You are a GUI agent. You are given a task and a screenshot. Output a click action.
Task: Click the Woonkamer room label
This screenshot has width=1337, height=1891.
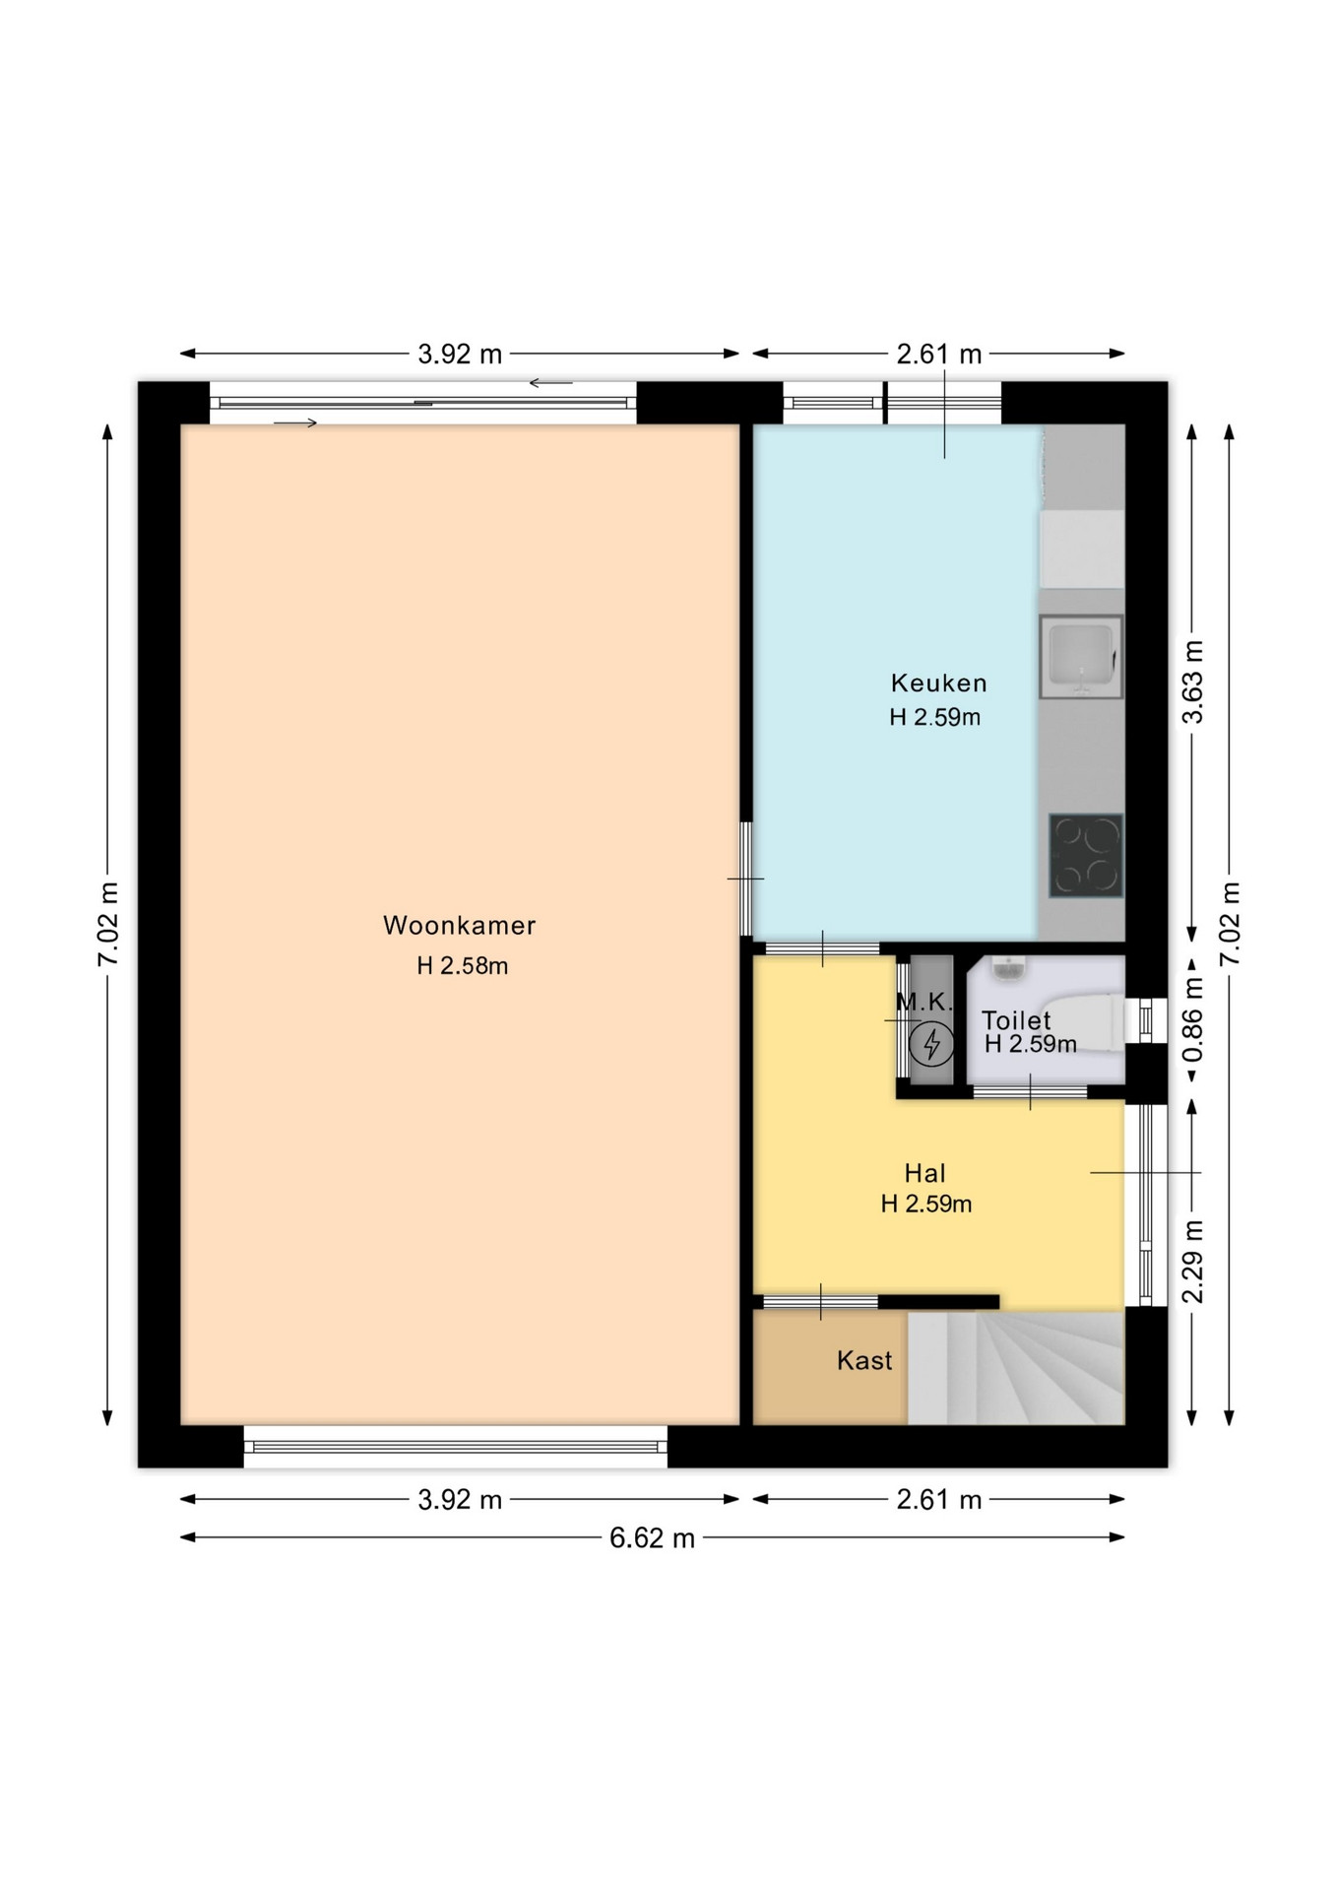pyautogui.click(x=459, y=926)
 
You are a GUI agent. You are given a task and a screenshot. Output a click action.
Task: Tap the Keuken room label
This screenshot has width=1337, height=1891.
pyautogui.click(x=938, y=683)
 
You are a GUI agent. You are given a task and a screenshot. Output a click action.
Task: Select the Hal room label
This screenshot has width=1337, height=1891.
pyautogui.click(x=924, y=1173)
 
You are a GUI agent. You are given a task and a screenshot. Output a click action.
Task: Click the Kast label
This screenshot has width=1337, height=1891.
pyautogui.click(x=864, y=1360)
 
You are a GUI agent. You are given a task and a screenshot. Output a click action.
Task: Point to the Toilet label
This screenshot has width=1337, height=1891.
pyautogui.click(x=1016, y=1020)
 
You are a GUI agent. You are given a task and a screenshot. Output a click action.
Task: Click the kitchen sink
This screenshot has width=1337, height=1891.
pyautogui.click(x=1081, y=657)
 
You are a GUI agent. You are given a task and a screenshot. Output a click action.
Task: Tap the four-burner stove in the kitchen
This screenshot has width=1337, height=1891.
pyautogui.click(x=1086, y=855)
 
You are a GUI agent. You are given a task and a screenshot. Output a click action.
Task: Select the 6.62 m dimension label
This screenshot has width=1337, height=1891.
pyautogui.click(x=652, y=1537)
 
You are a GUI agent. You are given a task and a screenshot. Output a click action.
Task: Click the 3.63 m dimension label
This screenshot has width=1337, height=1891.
pyautogui.click(x=1193, y=682)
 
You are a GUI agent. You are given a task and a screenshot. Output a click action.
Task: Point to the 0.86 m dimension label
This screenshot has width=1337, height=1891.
pyautogui.click(x=1193, y=1019)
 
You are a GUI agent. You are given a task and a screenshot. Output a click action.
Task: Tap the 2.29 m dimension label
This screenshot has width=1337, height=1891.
pyautogui.click(x=1193, y=1262)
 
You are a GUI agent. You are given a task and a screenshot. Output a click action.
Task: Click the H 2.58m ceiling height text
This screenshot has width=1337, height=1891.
pyautogui.click(x=462, y=966)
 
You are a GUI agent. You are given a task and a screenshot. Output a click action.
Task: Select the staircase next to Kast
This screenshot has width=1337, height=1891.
pyautogui.click(x=1015, y=1367)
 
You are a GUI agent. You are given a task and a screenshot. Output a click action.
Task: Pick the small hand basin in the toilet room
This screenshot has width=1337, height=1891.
pyautogui.click(x=1009, y=968)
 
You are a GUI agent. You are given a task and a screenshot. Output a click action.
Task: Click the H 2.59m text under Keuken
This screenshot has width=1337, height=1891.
pyautogui.click(x=934, y=717)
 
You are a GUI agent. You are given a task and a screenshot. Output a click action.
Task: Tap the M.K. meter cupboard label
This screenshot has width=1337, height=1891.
pyautogui.click(x=924, y=1003)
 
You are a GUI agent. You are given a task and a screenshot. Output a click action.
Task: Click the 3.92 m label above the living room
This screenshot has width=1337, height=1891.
pyautogui.click(x=460, y=354)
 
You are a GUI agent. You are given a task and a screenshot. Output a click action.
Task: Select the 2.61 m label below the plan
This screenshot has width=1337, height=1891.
pyautogui.click(x=938, y=1500)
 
